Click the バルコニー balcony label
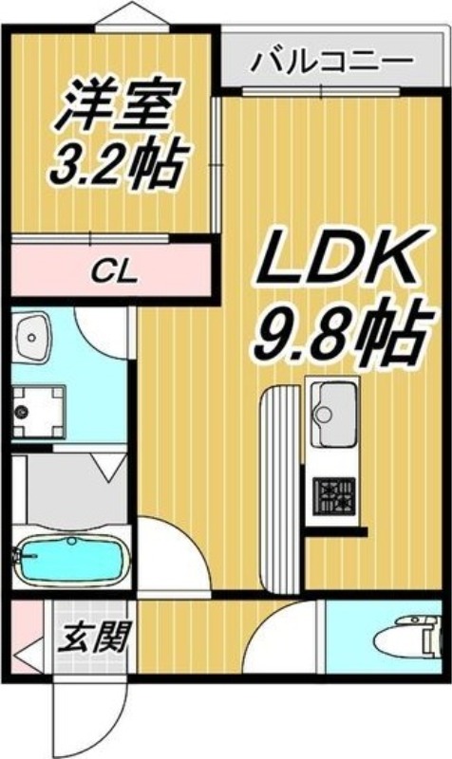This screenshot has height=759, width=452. (332, 65)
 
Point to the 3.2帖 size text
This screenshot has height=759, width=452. (116, 165)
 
